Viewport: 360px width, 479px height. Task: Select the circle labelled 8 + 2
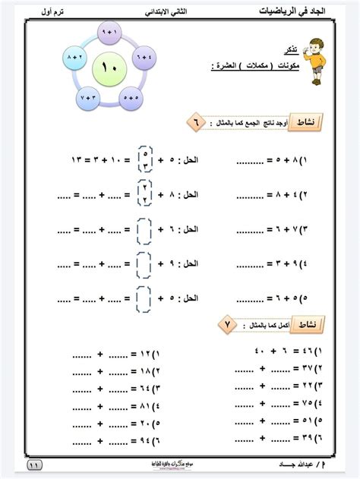click(x=75, y=58)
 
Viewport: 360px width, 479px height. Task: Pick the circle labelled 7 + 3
click(x=87, y=98)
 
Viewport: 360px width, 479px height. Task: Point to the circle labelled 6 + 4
click(x=143, y=58)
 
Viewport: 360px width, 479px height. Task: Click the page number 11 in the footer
click(x=36, y=465)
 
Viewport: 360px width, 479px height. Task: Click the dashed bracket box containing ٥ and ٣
click(x=144, y=160)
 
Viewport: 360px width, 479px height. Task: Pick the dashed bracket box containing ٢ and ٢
click(x=144, y=194)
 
